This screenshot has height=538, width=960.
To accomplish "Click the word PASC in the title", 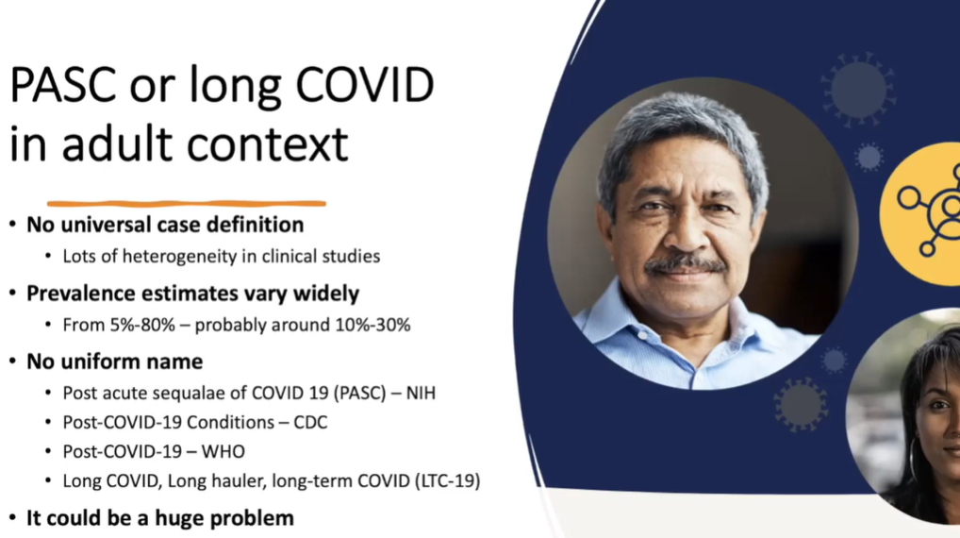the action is [63, 85].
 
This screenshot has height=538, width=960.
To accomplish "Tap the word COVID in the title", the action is [365, 85].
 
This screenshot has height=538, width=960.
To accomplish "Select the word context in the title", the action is [267, 144].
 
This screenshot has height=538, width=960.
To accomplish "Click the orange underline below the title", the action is [186, 204].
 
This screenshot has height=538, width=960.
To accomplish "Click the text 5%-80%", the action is [142, 325].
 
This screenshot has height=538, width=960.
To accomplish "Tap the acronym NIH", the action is [421, 393].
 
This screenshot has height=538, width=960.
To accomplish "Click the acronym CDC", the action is [310, 422].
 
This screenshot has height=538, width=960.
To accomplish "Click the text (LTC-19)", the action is [448, 480].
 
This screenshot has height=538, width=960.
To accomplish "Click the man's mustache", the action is [685, 263].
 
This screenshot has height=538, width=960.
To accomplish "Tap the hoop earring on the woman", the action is [912, 461].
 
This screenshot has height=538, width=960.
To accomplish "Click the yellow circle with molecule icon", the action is [920, 214].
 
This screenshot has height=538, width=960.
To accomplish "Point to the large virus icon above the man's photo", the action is [858, 90].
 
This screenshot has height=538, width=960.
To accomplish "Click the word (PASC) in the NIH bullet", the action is [360, 393].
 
